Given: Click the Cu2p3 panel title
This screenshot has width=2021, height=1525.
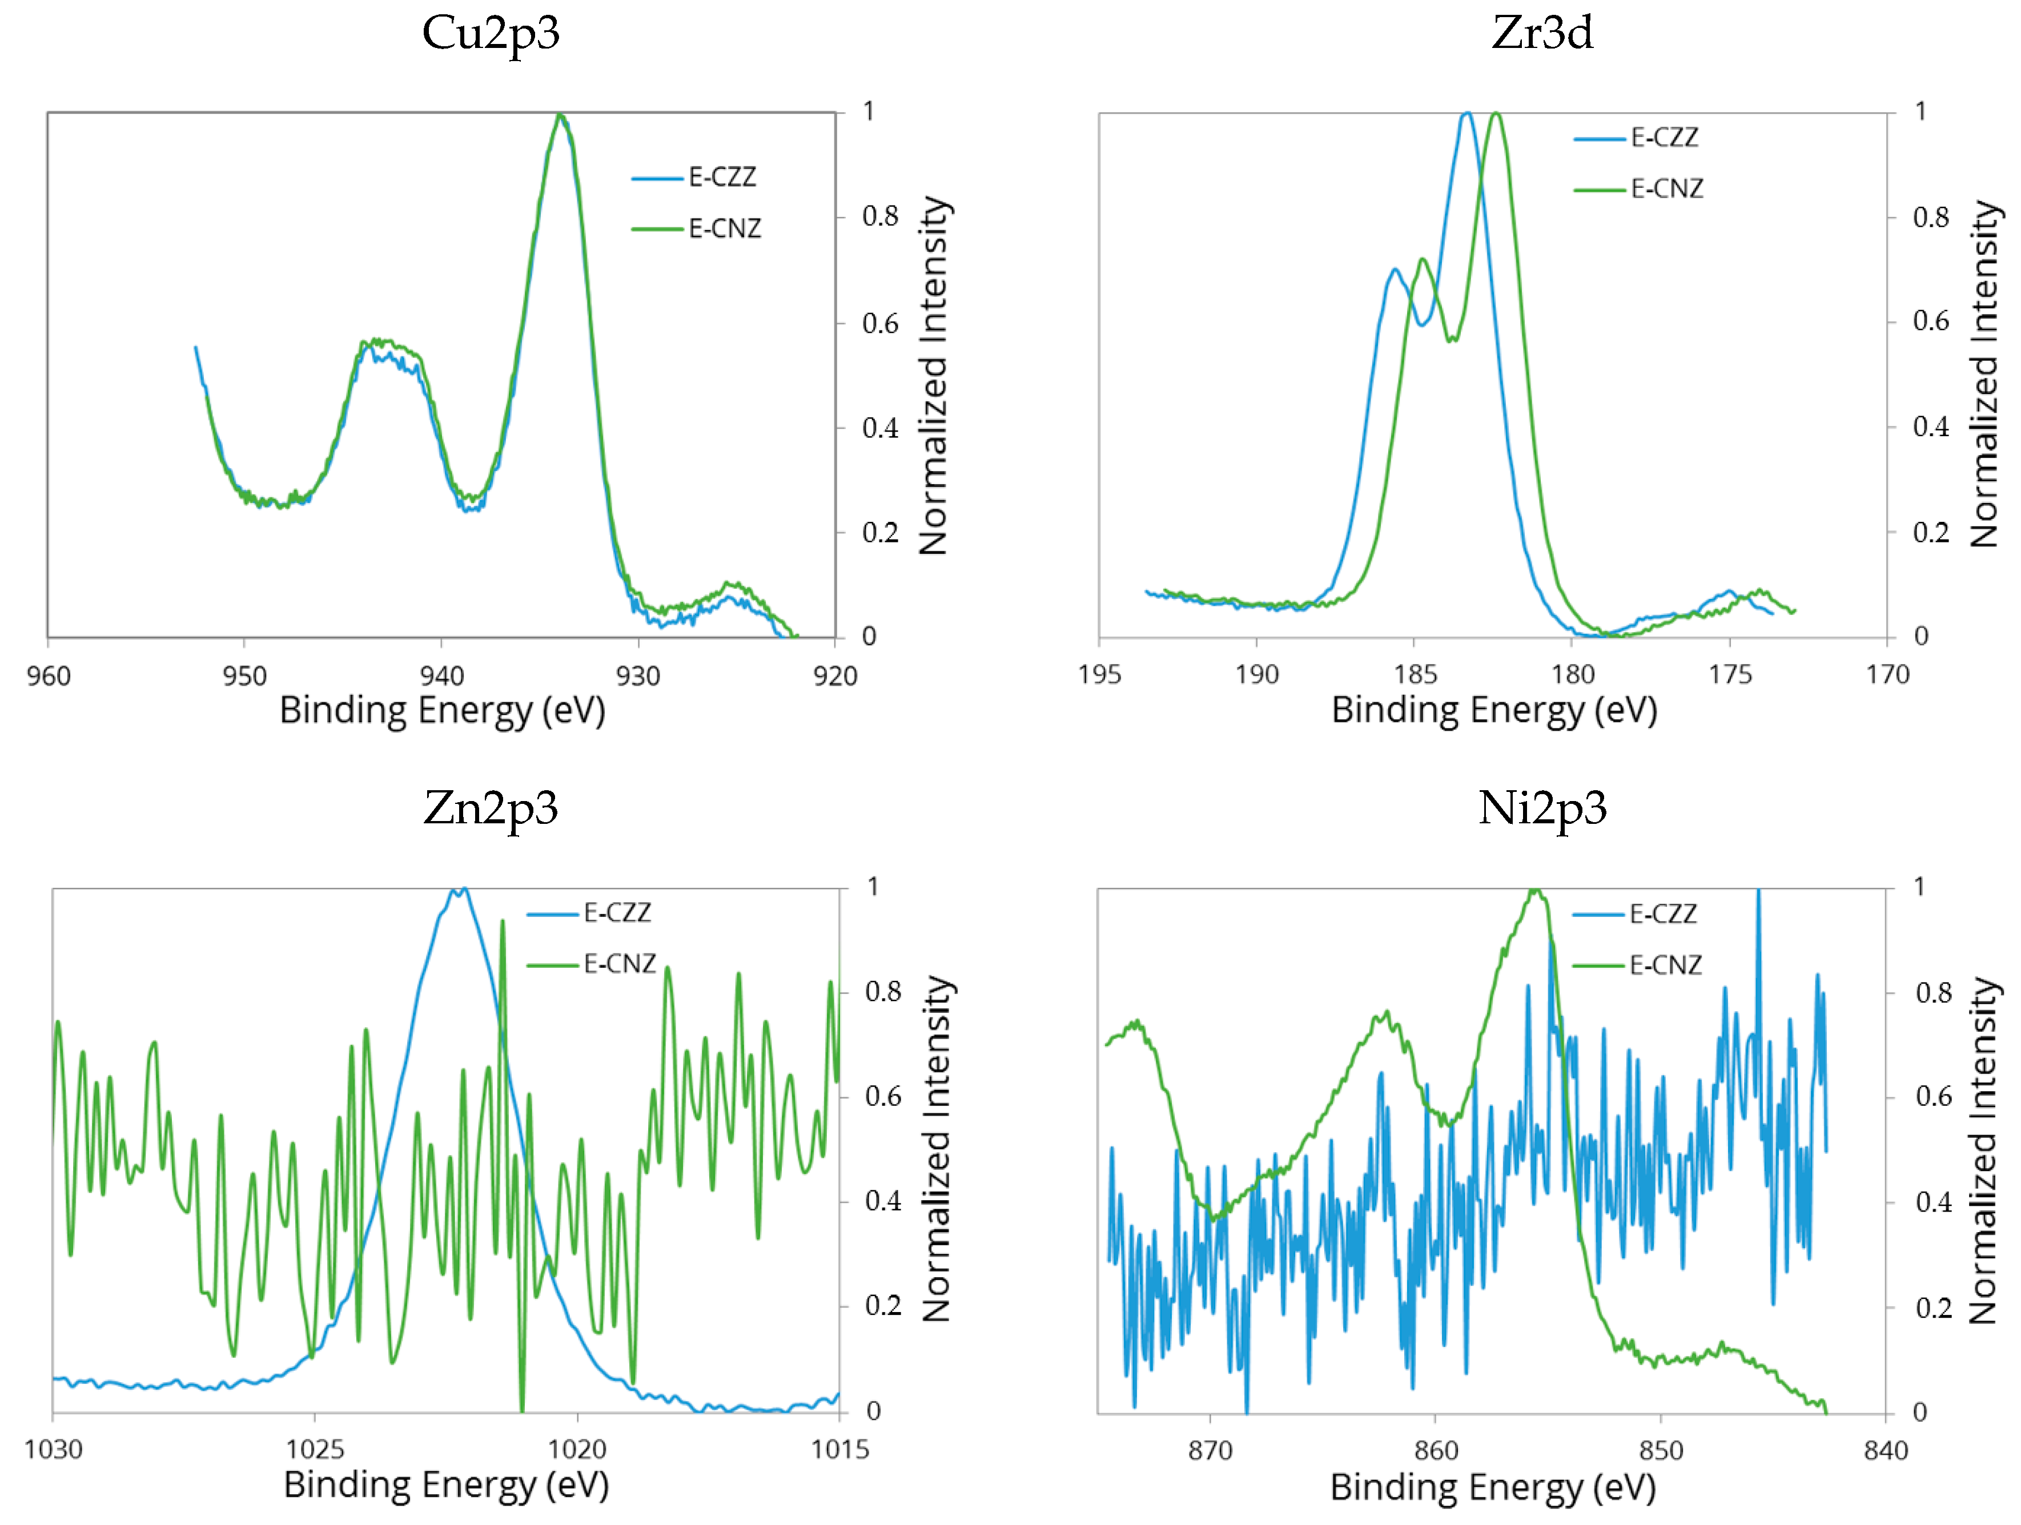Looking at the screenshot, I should tap(491, 34).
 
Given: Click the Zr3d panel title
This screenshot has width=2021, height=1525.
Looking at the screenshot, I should tap(1542, 34).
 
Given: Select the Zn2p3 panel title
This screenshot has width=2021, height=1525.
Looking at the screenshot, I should tap(491, 808).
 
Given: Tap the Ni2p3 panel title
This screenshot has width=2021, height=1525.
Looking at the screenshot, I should tap(1542, 808).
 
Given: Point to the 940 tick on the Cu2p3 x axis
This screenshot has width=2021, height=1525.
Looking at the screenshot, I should tap(441, 676).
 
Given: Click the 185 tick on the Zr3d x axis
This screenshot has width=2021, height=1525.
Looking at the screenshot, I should tap(1415, 675).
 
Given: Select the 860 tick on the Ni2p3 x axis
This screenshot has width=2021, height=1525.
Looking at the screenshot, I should tap(1435, 1451).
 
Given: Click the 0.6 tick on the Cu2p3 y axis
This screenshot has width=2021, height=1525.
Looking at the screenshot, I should tap(881, 324).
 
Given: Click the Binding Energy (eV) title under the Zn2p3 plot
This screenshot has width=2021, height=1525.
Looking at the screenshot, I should tap(446, 1485).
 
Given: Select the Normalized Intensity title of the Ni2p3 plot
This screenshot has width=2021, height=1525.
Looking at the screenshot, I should tap(1983, 1151).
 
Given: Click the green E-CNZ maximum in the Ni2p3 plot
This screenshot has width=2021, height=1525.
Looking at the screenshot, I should tap(1536, 891).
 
